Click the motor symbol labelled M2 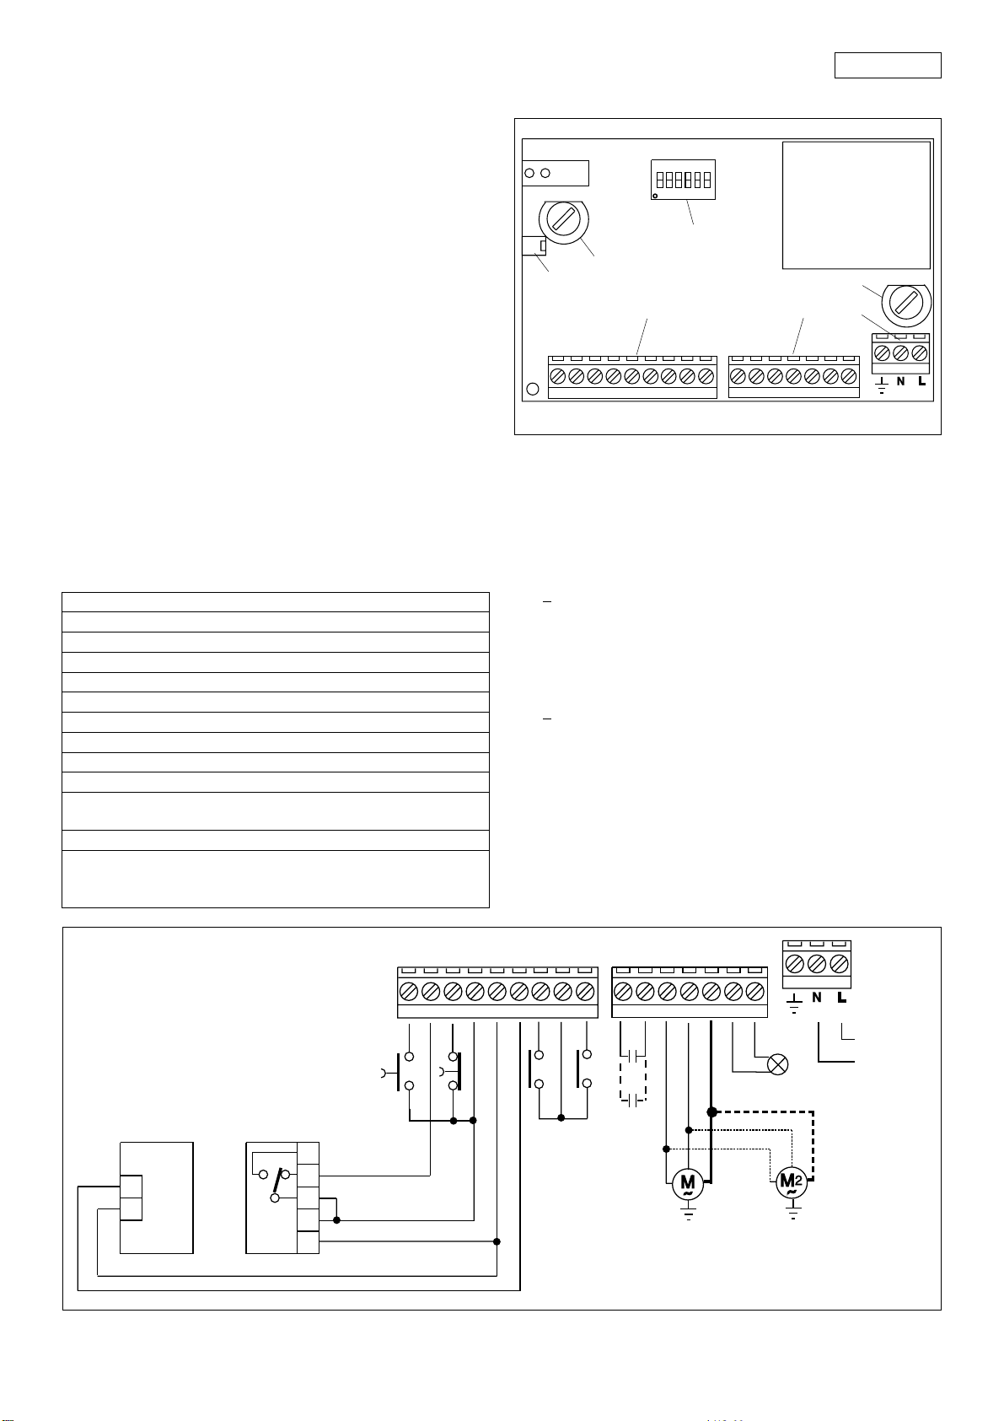[x=792, y=1183]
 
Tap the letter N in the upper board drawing [x=900, y=382]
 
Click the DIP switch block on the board [x=683, y=180]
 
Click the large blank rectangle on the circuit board [x=856, y=205]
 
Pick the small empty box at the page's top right [x=887, y=65]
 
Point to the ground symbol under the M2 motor [x=792, y=1214]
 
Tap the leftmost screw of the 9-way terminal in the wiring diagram [x=408, y=989]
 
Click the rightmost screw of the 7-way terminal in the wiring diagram [x=755, y=989]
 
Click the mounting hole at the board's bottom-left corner [x=533, y=390]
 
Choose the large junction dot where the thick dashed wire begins [x=711, y=1112]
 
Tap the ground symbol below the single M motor [x=689, y=1214]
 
